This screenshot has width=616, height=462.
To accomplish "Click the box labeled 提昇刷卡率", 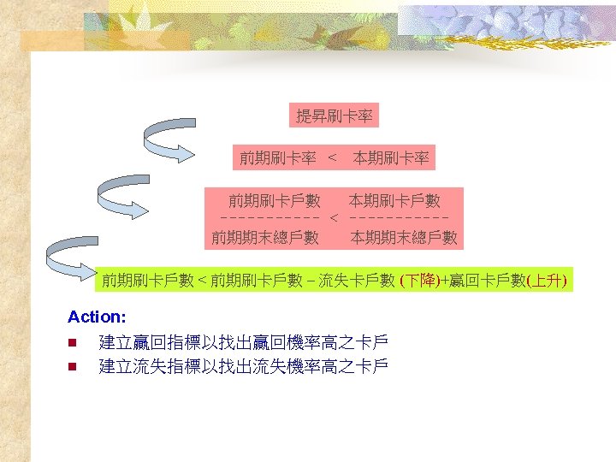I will [334, 115].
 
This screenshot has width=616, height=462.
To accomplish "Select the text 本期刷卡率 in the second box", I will [391, 157].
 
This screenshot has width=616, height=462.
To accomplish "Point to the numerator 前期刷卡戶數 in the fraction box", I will [274, 201].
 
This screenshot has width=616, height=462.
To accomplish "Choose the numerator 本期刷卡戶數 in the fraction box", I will [394, 201].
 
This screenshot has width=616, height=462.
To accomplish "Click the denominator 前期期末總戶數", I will [265, 238].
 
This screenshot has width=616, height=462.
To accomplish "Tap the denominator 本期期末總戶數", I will [404, 238].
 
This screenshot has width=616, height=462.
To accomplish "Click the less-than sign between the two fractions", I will [335, 220].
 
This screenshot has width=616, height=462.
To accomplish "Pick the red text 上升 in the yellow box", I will [547, 280].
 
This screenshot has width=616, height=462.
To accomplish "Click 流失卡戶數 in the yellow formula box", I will [357, 280].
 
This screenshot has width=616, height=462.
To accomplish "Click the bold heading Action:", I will [97, 317].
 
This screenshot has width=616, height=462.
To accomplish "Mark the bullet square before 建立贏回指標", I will [74, 344].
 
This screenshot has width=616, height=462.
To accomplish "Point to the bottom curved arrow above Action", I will [74, 254].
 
